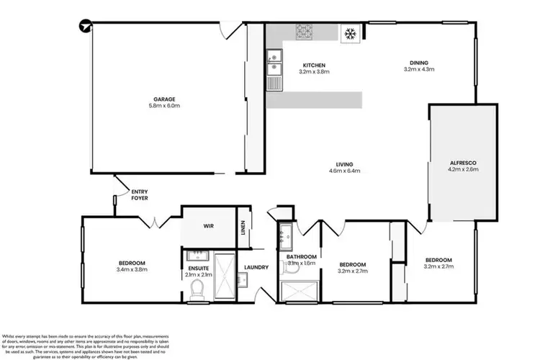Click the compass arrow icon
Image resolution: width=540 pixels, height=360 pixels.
point(86,27)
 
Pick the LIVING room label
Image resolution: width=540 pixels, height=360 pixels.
point(343,163)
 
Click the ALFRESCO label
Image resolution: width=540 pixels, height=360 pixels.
point(463,163)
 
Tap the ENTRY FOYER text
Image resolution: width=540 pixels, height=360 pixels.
point(139,194)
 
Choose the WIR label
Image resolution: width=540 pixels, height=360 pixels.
point(208,226)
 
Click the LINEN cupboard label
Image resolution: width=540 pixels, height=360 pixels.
point(244,227)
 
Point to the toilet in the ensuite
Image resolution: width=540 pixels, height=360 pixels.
point(197,289)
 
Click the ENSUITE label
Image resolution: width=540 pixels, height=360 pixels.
point(198,268)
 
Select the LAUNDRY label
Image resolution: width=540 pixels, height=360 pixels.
point(256,268)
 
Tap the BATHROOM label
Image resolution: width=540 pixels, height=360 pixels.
point(301,256)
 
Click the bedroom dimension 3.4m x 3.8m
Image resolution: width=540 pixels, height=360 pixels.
point(132,269)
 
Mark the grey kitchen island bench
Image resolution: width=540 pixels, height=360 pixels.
point(313,100)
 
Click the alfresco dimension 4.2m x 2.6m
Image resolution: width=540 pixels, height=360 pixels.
point(463,171)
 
